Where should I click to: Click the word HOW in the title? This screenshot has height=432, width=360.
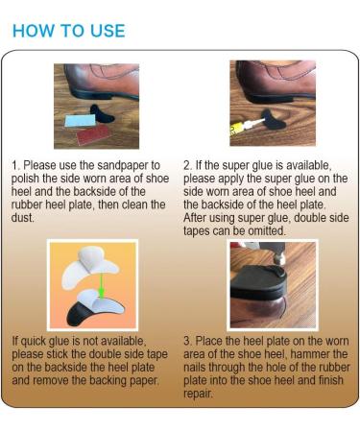[x=33, y=30]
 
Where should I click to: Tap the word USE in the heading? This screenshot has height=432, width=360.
[x=105, y=30]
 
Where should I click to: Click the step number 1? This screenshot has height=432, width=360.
[x=15, y=166]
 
